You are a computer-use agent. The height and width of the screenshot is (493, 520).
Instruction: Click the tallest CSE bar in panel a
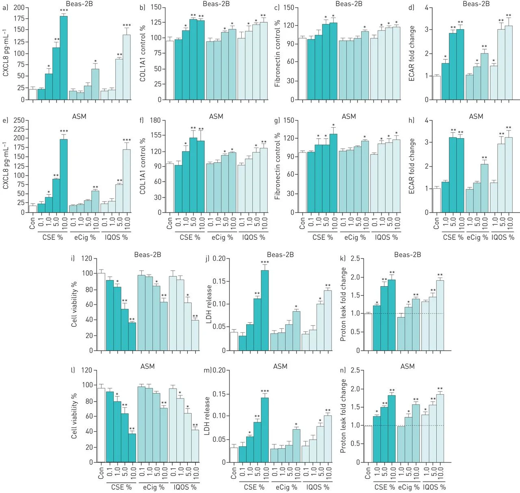(x=64, y=58)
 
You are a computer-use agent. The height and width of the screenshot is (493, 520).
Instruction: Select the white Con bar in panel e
(x=32, y=209)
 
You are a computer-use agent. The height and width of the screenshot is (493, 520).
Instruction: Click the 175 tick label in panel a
(x=19, y=19)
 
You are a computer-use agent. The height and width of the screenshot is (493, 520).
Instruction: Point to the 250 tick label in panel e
(x=19, y=120)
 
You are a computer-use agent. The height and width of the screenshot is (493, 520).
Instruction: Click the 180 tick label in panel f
(x=155, y=120)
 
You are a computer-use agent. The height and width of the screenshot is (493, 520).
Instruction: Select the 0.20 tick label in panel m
(x=219, y=370)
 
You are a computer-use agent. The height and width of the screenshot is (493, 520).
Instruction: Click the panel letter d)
(x=411, y=8)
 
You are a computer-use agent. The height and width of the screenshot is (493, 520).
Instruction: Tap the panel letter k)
(x=342, y=258)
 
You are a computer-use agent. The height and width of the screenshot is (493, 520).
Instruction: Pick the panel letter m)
(x=208, y=370)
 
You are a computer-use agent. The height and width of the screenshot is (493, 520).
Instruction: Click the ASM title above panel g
(x=349, y=117)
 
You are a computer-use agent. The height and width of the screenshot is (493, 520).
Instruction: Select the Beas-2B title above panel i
(x=147, y=255)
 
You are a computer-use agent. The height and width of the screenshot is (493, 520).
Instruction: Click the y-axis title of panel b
(x=143, y=54)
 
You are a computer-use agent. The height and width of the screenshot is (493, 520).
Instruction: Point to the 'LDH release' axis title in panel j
(x=209, y=304)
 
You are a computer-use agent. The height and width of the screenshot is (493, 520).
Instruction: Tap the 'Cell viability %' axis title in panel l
(x=74, y=415)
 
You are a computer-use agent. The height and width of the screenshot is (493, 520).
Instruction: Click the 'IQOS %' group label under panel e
(x=117, y=237)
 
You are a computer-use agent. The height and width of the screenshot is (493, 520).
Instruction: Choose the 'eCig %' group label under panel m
(x=286, y=487)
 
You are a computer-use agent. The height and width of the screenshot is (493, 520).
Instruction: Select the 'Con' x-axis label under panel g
(x=302, y=223)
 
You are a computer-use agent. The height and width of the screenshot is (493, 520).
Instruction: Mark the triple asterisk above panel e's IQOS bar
(x=127, y=141)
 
